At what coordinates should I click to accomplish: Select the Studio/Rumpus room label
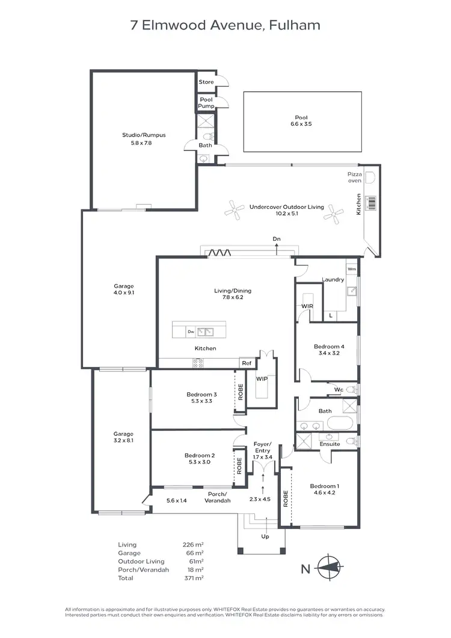pyautogui.click(x=144, y=135)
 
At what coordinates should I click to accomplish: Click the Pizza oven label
pyautogui.click(x=355, y=177)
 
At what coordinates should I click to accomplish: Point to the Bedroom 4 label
pyautogui.click(x=329, y=347)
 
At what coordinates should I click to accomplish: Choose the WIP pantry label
pyautogui.click(x=262, y=379)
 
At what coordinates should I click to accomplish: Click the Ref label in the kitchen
pyautogui.click(x=247, y=363)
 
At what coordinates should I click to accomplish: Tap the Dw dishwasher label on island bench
pyautogui.click(x=191, y=331)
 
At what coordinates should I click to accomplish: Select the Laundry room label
pyautogui.click(x=333, y=279)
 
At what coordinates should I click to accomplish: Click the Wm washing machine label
pyautogui.click(x=352, y=268)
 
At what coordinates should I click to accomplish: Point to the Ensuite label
pyautogui.click(x=330, y=444)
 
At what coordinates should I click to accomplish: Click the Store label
pyautogui.click(x=206, y=82)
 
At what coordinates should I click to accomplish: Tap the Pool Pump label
pyautogui.click(x=206, y=103)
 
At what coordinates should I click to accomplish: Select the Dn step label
pyautogui.click(x=277, y=240)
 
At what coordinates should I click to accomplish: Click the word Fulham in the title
pyautogui.click(x=295, y=25)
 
